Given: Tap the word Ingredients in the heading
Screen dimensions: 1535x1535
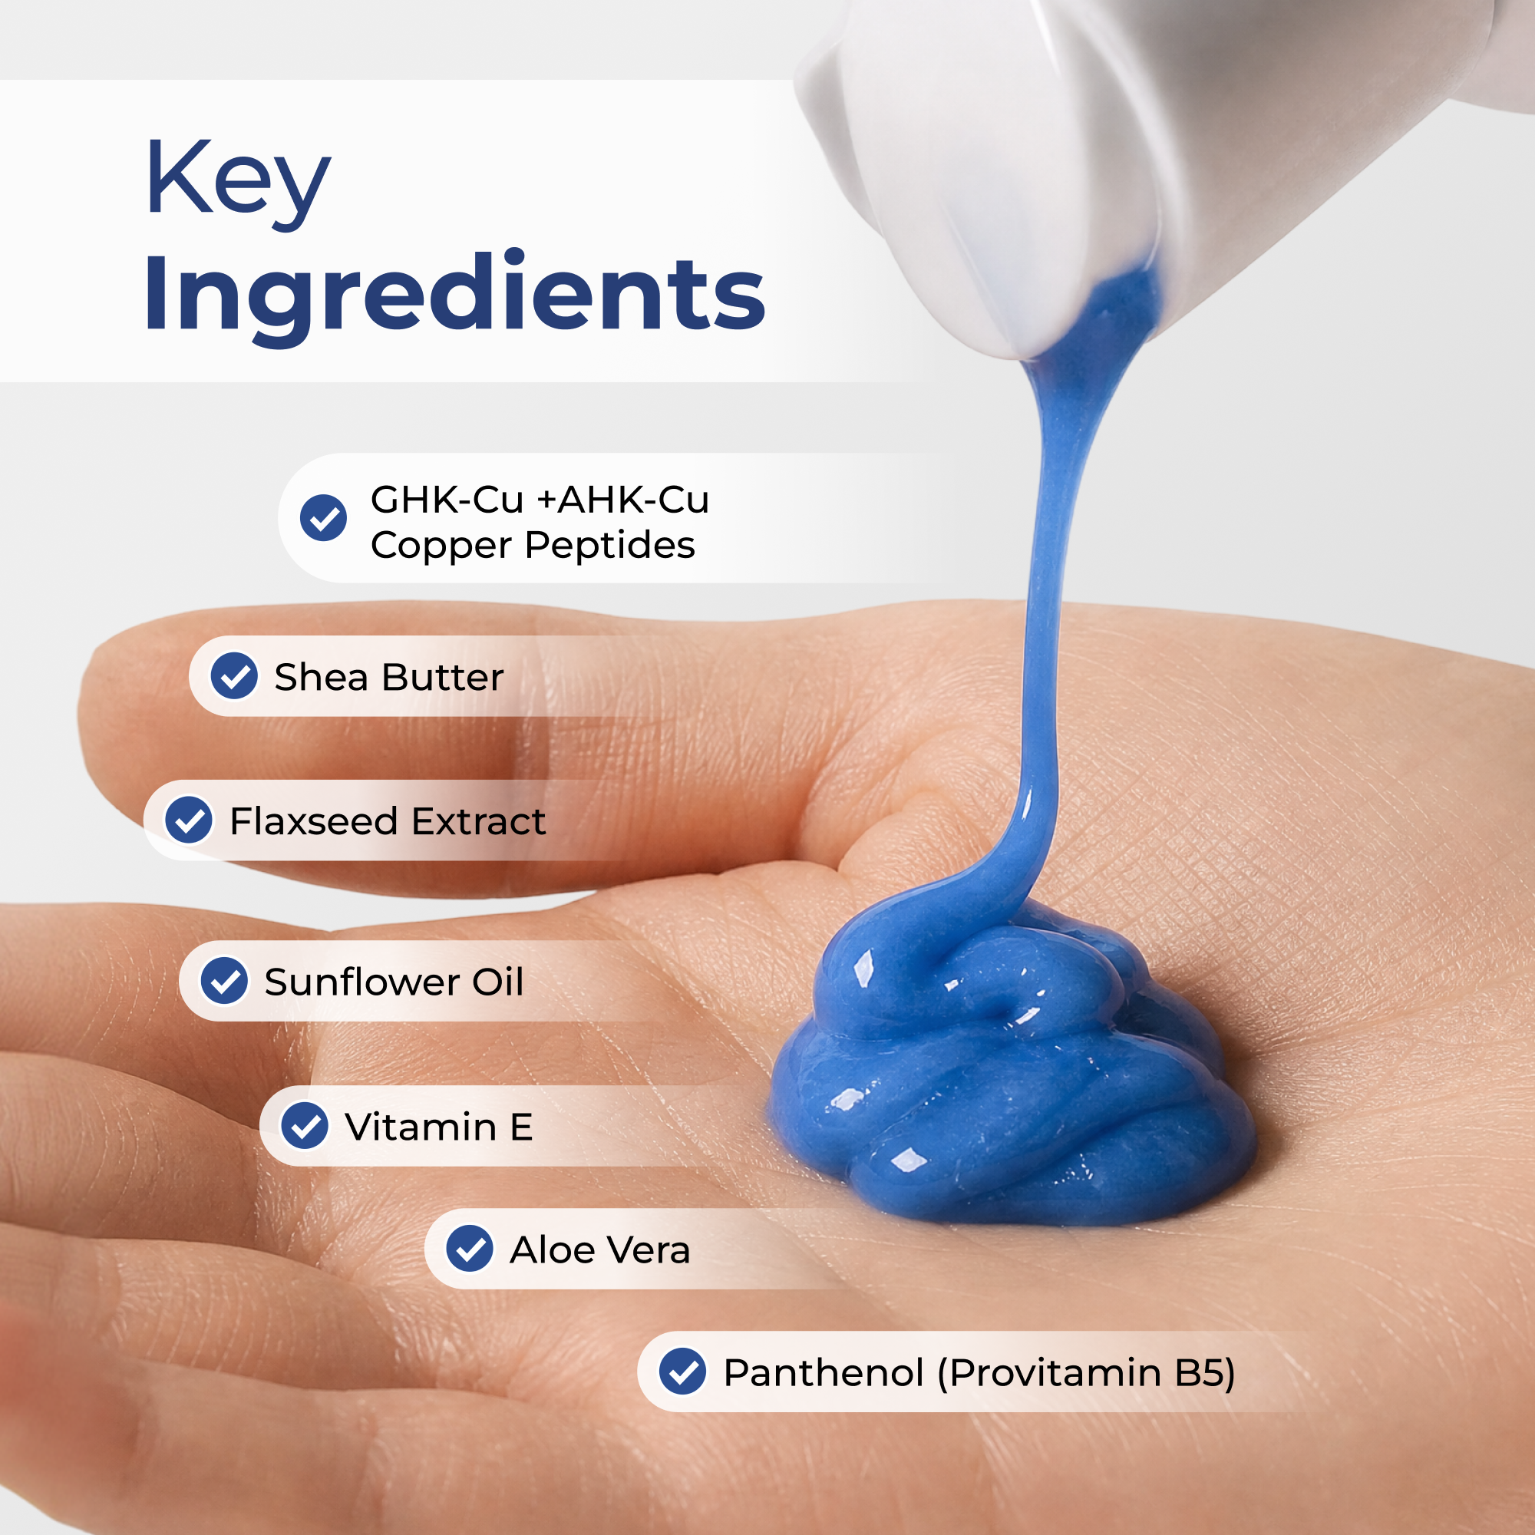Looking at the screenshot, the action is click(454, 295).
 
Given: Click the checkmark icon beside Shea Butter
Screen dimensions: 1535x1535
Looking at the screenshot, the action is click(234, 676).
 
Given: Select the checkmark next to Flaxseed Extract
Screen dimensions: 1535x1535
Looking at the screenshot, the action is click(189, 820).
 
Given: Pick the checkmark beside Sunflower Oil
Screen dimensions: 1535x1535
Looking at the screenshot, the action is click(225, 980).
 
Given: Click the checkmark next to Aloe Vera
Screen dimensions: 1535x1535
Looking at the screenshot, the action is click(470, 1248).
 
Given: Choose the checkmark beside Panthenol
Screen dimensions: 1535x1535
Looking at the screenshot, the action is click(683, 1372).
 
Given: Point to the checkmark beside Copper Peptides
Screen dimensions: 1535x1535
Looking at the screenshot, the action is click(323, 518).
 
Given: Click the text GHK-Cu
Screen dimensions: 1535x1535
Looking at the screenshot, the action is click(447, 500).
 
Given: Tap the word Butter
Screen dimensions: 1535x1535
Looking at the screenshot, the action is click(444, 678).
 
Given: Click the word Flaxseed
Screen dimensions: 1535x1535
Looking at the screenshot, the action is click(314, 820).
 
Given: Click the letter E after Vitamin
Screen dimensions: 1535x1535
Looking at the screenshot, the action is click(521, 1127).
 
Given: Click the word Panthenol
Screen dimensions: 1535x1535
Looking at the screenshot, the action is click(824, 1372).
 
